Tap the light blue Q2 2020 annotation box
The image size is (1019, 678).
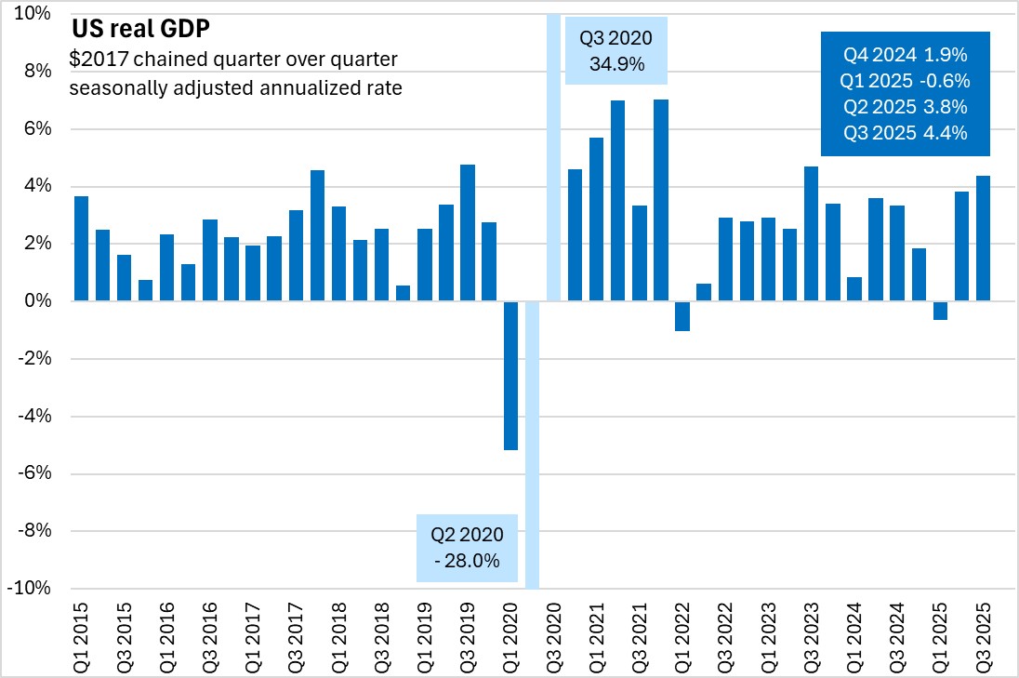(467, 548)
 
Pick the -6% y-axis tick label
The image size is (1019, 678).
(34, 473)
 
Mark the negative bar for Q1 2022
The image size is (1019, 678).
(682, 316)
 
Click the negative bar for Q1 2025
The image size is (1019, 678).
(940, 311)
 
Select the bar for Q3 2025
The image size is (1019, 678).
(983, 238)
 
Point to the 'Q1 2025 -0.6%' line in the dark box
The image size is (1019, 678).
(906, 79)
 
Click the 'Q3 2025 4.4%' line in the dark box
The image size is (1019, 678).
(906, 132)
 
